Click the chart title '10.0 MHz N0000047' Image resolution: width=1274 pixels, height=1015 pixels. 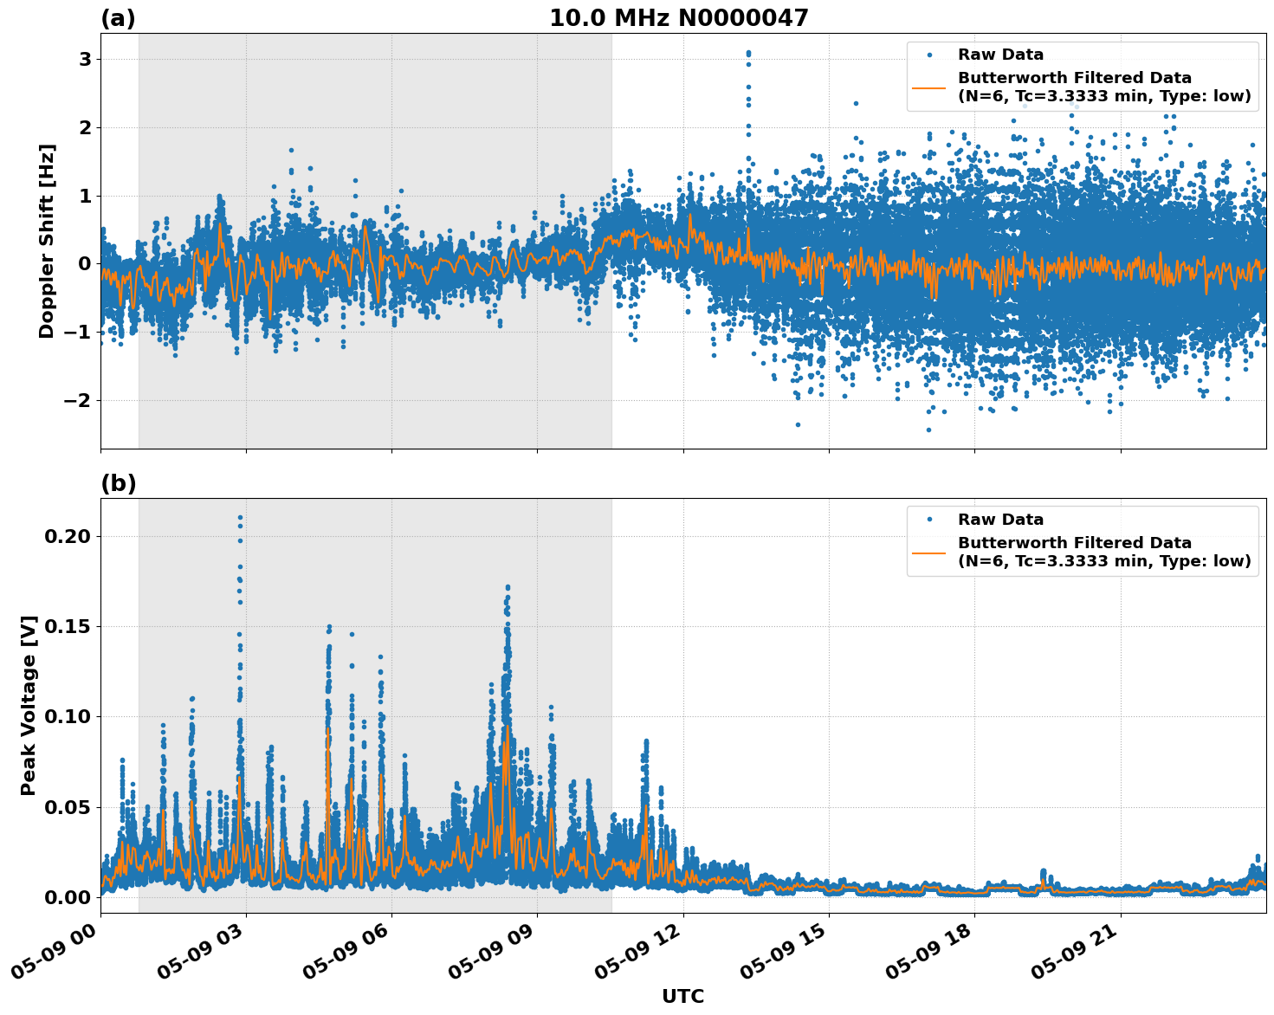click(678, 18)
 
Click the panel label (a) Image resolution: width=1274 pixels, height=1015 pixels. click(118, 18)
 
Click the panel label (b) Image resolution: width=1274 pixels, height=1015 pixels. click(118, 483)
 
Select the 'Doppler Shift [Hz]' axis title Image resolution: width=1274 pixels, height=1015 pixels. click(47, 241)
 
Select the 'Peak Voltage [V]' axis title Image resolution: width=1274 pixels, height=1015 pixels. click(29, 705)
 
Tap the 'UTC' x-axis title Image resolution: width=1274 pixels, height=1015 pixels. click(682, 996)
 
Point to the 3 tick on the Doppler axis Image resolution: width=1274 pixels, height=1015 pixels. click(85, 60)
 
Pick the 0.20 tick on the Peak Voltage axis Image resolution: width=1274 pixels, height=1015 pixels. click(67, 537)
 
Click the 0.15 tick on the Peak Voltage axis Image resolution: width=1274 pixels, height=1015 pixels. click(67, 627)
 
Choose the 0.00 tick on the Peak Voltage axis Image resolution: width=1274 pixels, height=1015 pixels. click(67, 897)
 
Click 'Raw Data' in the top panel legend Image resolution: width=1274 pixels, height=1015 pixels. click(1000, 55)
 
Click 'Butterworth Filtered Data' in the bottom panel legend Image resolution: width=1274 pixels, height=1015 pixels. click(1074, 543)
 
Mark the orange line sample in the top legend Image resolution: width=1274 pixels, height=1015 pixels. click(928, 87)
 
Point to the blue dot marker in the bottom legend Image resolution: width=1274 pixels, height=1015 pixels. click(928, 520)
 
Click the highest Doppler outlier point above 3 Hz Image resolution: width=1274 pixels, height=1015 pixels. click(748, 53)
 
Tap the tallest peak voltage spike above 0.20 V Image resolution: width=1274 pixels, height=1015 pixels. click(240, 518)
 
